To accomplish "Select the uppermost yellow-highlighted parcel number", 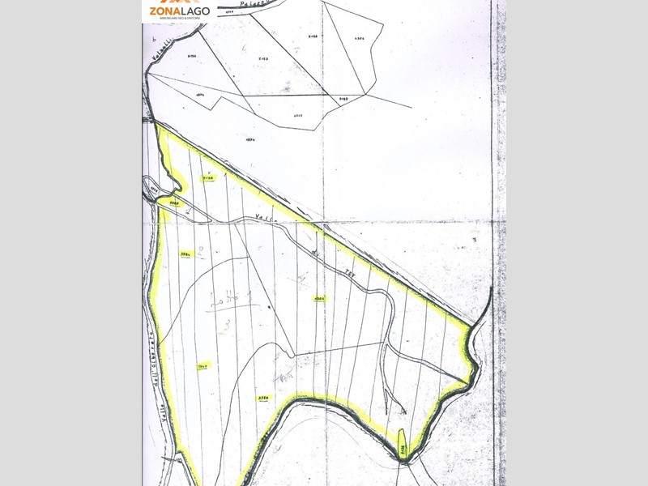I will point(208,177).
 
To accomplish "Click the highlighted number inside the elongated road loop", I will point(173,202).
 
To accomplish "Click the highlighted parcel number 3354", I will point(263,399).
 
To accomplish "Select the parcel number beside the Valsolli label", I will point(194,56).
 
